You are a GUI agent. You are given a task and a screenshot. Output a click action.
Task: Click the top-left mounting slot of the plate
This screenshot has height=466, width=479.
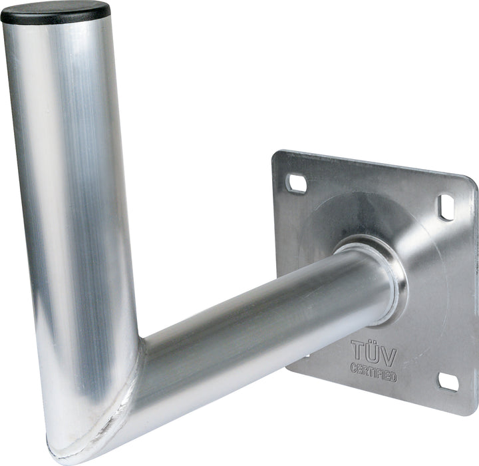pyautogui.click(x=296, y=183)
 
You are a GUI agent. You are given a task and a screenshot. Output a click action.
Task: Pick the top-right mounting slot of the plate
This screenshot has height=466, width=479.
pyautogui.click(x=446, y=207)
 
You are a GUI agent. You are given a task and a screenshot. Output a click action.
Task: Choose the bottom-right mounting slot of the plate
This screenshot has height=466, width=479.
pyautogui.click(x=448, y=381)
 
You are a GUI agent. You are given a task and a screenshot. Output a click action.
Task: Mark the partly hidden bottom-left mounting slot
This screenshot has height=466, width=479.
pyautogui.click(x=305, y=357)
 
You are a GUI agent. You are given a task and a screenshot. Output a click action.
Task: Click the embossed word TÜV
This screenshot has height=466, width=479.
pyautogui.click(x=374, y=351)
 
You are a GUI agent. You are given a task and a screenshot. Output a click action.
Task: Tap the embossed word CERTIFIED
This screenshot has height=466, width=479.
pyautogui.click(x=374, y=371)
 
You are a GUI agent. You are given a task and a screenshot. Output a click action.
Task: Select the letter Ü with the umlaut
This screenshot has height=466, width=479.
pyautogui.click(x=373, y=351)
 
